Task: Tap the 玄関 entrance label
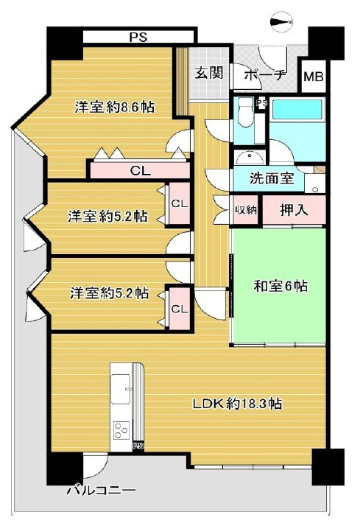[x=208, y=74]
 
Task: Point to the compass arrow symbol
[x=282, y=23]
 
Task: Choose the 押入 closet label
[x=294, y=210]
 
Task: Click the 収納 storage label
[x=246, y=210]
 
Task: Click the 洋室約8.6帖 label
[x=114, y=107]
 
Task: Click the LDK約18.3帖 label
[x=237, y=404]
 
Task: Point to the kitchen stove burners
[x=120, y=433]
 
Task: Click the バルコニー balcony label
[x=100, y=490]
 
